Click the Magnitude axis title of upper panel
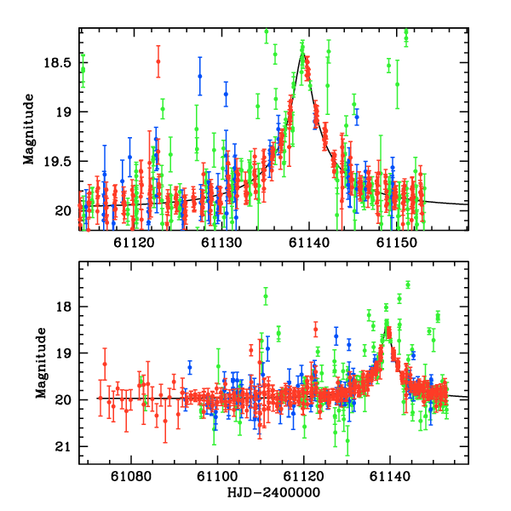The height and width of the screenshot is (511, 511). [x=29, y=129]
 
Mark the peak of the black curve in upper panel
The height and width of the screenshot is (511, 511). [x=302, y=52]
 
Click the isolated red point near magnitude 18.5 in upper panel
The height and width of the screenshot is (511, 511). [x=158, y=61]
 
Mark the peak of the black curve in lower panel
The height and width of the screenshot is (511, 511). [x=388, y=329]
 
